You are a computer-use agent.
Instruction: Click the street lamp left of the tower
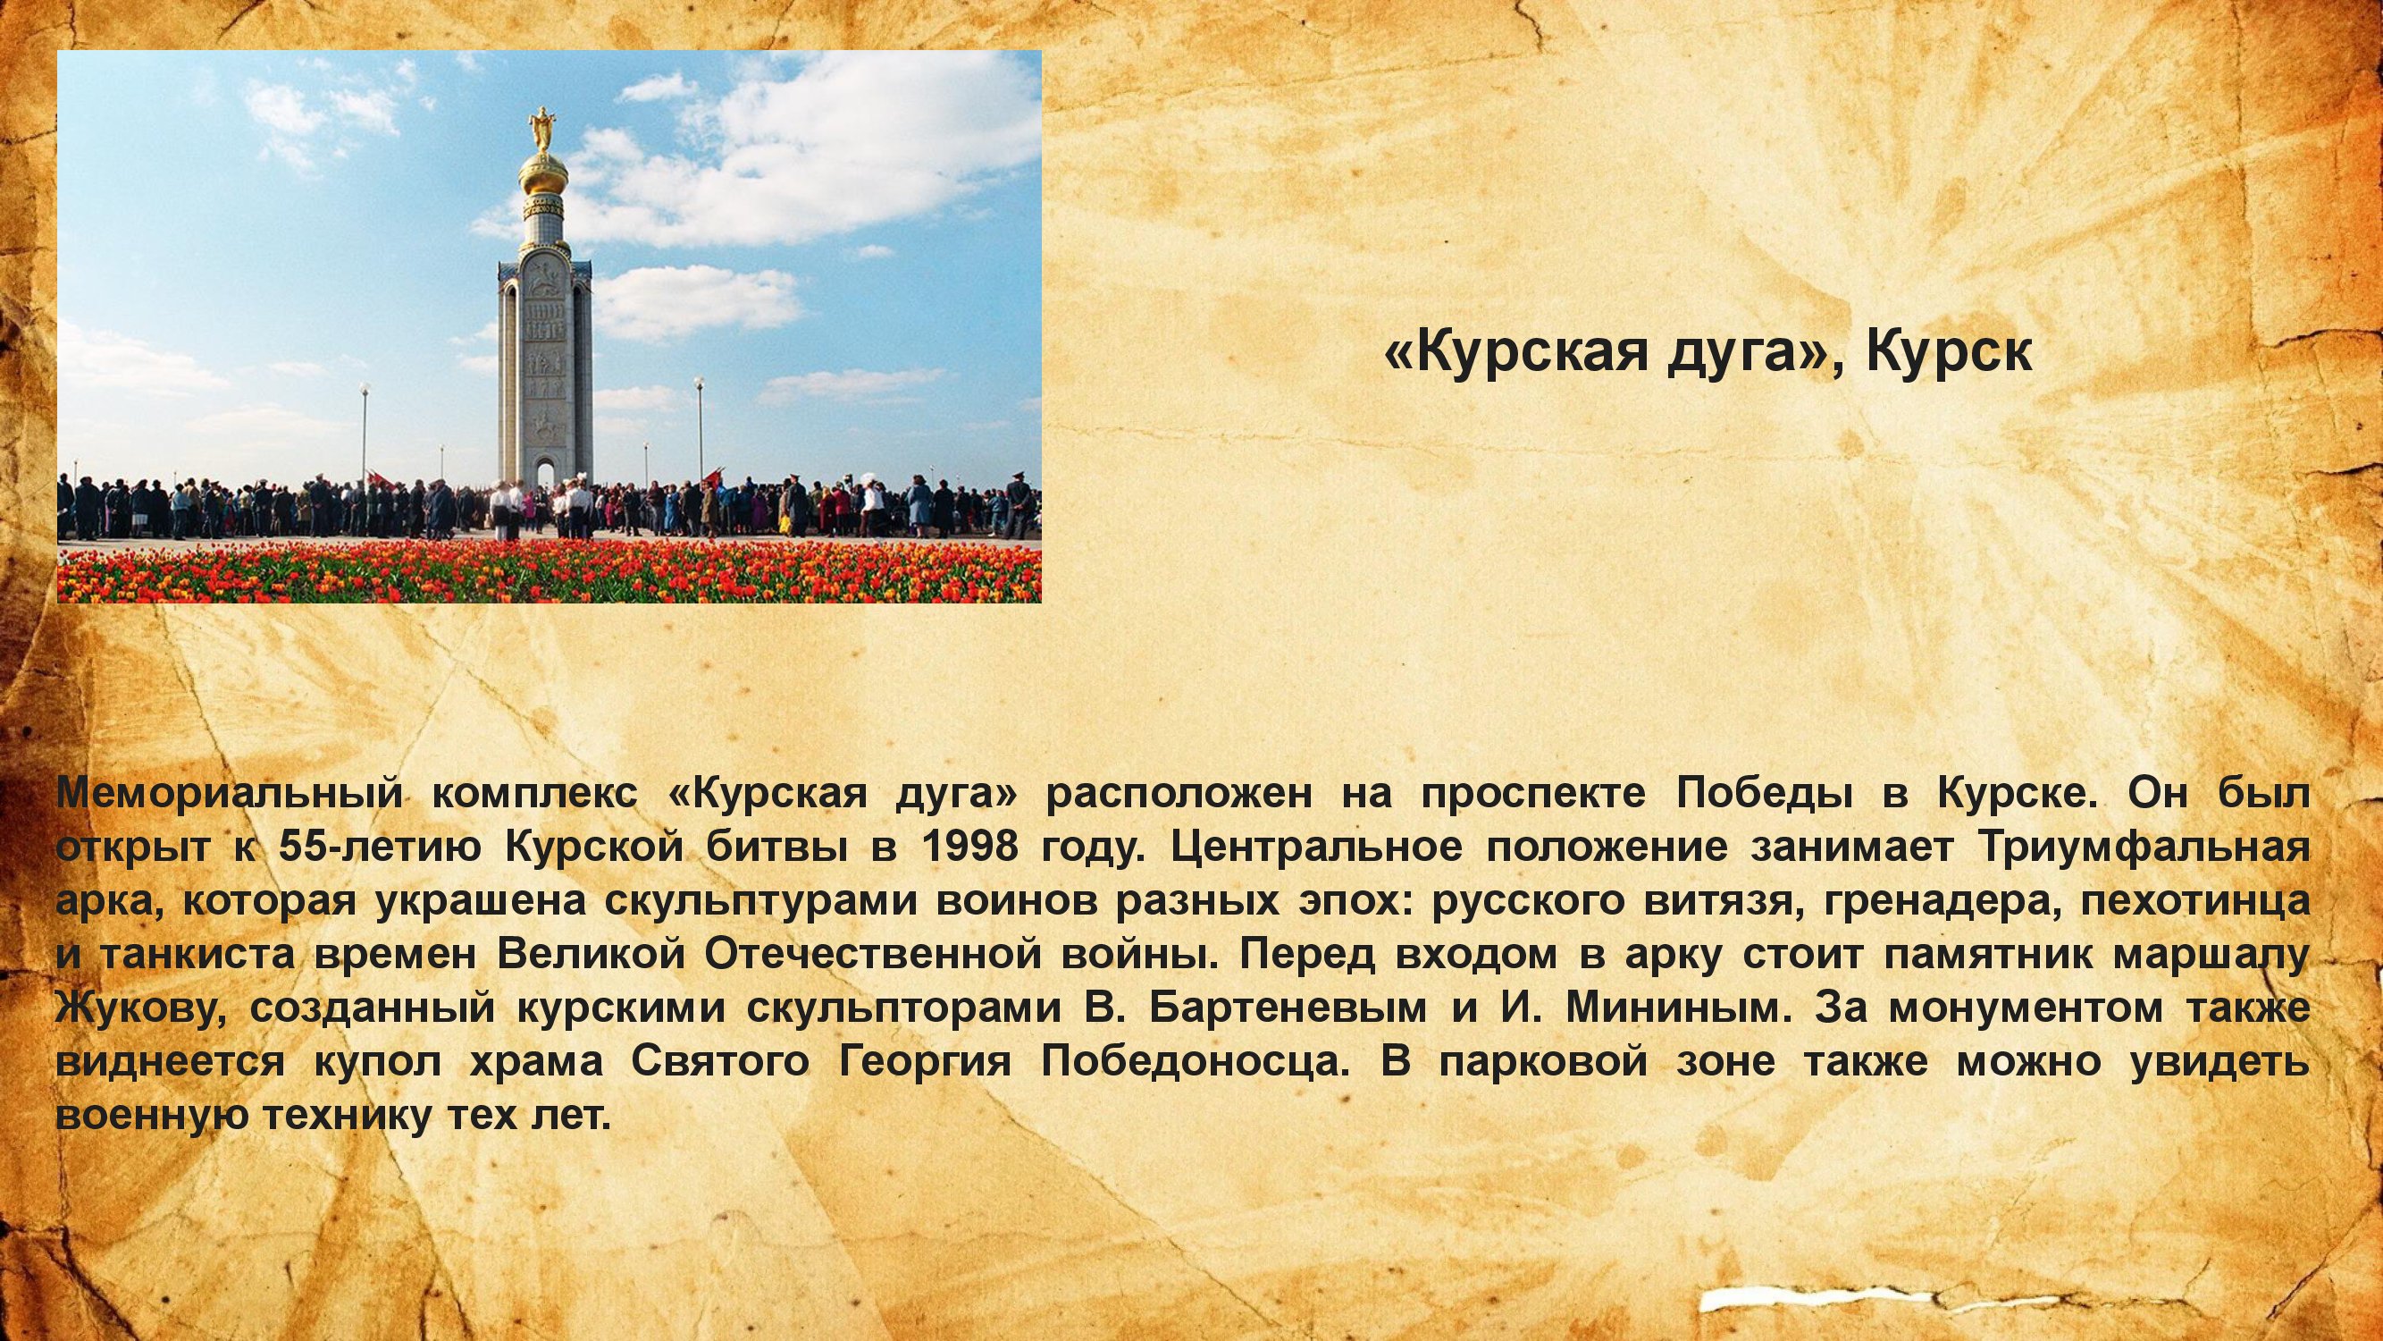point(365,435)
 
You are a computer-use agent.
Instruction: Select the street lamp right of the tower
point(700,435)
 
